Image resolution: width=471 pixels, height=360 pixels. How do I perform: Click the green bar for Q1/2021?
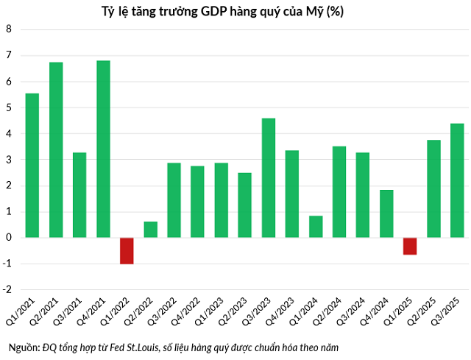[x=32, y=165]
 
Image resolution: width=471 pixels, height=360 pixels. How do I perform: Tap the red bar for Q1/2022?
[x=127, y=250]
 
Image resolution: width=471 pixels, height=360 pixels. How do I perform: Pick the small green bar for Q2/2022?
[x=150, y=230]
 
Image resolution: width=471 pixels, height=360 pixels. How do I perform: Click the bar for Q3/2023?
[x=269, y=177]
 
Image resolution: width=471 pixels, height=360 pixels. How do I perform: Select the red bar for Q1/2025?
[x=410, y=246]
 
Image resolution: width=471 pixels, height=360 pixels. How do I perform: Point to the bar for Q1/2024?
[x=316, y=227]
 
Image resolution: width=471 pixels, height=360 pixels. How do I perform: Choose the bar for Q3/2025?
[x=457, y=180]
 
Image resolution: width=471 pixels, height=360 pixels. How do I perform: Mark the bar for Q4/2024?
[x=386, y=213]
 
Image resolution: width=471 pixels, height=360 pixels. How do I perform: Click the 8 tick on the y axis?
[x=10, y=29]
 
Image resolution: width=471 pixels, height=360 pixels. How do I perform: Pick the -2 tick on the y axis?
[x=8, y=290]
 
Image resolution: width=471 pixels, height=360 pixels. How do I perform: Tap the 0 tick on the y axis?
[x=10, y=238]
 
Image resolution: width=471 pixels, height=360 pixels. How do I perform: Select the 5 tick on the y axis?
[x=10, y=107]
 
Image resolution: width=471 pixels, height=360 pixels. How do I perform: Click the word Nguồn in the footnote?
[x=23, y=346]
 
